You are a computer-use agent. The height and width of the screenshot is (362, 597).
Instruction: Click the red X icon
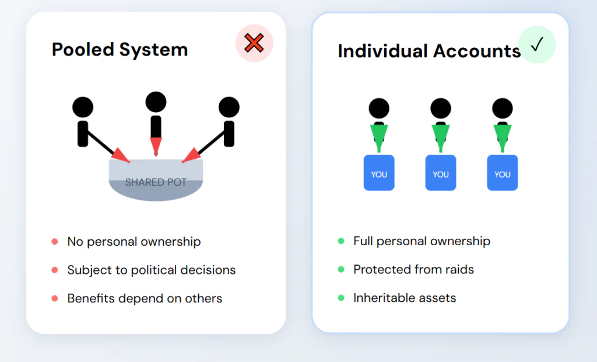(254, 43)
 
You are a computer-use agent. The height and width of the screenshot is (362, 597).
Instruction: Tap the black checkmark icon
(537, 44)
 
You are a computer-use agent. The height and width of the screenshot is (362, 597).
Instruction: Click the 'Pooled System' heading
(120, 50)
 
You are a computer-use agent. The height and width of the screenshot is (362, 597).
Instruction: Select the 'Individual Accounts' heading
(429, 51)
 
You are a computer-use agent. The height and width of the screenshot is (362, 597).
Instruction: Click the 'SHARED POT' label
(156, 182)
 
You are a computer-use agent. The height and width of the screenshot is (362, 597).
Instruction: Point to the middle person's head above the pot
(156, 102)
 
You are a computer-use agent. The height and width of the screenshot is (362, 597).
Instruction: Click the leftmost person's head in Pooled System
(83, 107)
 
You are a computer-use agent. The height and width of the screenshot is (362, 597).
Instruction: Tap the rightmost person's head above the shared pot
(229, 107)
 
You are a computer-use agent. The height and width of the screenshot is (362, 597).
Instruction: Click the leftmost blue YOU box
(379, 172)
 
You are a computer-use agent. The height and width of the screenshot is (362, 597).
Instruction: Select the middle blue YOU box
(441, 172)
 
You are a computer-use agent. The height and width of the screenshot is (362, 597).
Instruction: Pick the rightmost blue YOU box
(502, 172)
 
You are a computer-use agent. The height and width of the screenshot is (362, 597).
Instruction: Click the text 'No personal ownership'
(134, 242)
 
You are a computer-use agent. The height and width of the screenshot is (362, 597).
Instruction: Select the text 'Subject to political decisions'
(152, 270)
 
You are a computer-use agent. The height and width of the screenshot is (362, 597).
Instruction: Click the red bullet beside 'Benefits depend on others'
(54, 298)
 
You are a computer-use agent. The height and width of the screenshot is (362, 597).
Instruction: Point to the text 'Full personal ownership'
(422, 241)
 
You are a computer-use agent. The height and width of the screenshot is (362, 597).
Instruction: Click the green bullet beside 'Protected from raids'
(341, 269)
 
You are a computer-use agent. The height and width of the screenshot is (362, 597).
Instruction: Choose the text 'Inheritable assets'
(405, 298)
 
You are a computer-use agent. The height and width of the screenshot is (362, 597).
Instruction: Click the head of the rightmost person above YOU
(502, 109)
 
